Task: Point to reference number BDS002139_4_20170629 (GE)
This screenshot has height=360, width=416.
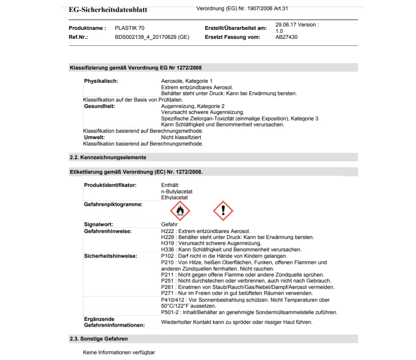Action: [x=152, y=37]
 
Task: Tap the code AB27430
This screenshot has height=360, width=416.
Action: [x=287, y=37]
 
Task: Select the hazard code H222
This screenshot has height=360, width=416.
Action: [x=168, y=231]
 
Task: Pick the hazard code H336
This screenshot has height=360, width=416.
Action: [x=168, y=250]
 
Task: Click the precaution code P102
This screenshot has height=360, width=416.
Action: [x=168, y=256]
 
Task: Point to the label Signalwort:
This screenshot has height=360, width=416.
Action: [x=99, y=224]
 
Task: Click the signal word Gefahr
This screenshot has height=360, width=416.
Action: [x=169, y=224]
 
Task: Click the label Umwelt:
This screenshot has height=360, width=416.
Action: [x=94, y=137]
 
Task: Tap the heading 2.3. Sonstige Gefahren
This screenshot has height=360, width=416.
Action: [x=99, y=339]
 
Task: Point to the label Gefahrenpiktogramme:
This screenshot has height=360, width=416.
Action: [x=113, y=204]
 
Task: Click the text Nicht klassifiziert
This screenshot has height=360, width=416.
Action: [x=181, y=137]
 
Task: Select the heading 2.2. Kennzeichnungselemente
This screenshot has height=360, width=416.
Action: [x=108, y=157]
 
